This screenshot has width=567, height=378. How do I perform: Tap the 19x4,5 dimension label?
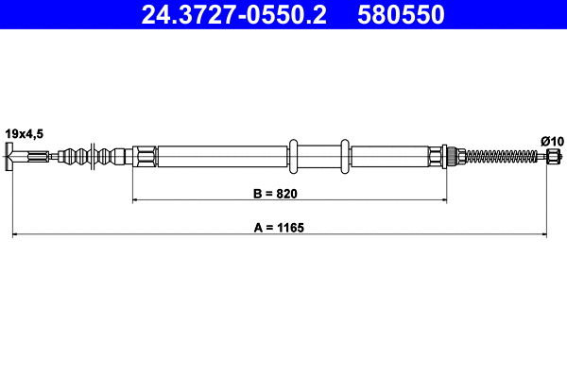(x=24, y=134)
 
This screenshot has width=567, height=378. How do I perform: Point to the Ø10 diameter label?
(x=552, y=141)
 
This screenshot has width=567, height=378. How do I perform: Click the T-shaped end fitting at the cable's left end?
(x=12, y=157)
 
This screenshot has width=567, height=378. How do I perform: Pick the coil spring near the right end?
(x=501, y=157)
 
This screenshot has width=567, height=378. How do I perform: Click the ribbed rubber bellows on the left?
(x=94, y=157)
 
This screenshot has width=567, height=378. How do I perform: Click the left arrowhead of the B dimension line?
(x=136, y=200)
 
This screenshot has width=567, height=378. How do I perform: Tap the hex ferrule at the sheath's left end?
(x=144, y=157)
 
